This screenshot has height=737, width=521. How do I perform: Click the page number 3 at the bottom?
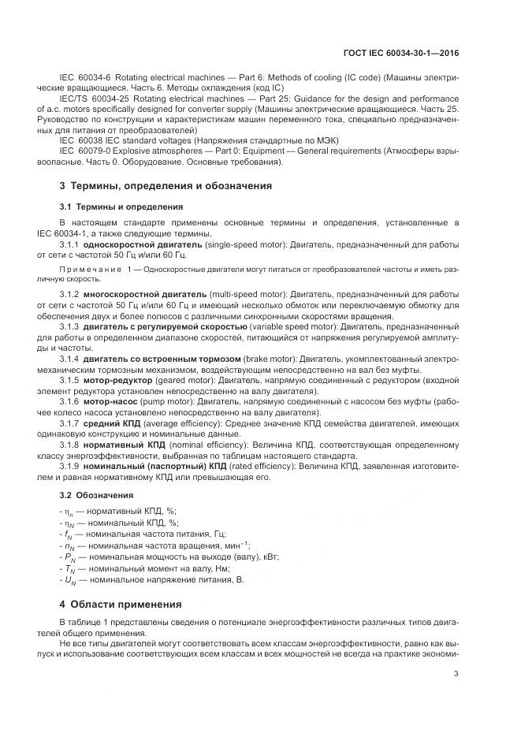pyautogui.click(x=456, y=673)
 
